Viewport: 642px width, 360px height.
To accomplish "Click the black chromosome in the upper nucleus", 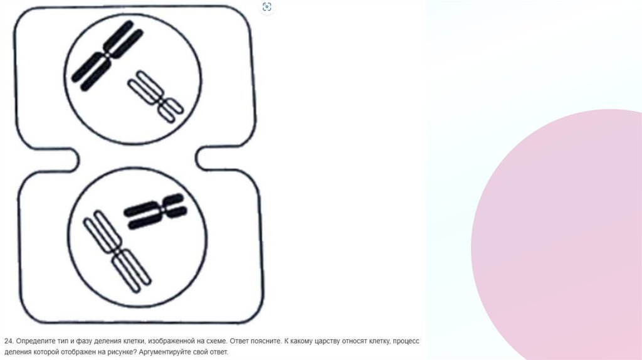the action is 107,55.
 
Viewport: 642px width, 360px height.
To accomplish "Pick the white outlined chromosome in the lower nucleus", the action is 117,250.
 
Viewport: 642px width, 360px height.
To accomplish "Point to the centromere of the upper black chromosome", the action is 107,55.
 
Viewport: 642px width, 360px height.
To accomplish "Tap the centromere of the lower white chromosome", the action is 117,250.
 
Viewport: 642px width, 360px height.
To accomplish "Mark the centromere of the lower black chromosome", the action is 162,209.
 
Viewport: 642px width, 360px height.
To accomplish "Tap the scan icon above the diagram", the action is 266,7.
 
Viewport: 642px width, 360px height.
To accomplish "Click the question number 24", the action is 9,341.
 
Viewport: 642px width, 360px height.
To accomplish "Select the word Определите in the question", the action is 31,341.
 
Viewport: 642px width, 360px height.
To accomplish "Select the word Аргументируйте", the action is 160,352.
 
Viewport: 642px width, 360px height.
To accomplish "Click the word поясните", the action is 266,341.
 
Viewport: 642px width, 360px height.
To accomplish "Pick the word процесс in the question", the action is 409,341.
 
